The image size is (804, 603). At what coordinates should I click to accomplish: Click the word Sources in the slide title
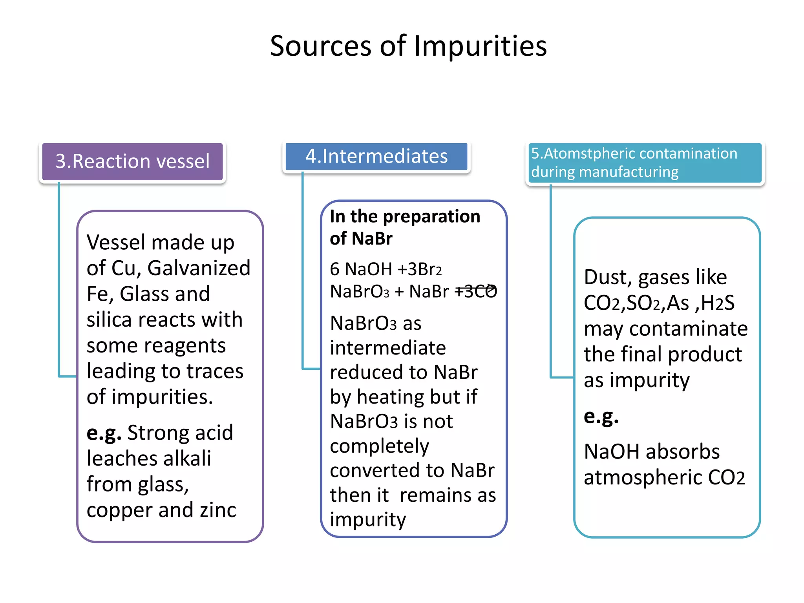click(320, 46)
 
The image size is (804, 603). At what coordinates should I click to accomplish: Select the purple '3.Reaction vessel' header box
click(132, 161)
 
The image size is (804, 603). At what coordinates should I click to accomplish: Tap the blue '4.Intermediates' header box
click(376, 156)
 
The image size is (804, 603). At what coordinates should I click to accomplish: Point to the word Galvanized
click(199, 268)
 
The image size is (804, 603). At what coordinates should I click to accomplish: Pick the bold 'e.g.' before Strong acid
click(104, 433)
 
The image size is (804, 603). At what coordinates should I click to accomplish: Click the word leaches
click(121, 459)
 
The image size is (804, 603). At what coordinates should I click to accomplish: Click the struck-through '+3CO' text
click(476, 291)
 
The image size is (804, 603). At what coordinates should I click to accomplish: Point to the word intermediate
click(388, 348)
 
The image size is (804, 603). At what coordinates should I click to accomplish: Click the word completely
click(379, 446)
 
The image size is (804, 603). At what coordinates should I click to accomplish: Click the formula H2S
click(718, 303)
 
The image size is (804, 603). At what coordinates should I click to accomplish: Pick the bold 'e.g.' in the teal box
click(601, 416)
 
